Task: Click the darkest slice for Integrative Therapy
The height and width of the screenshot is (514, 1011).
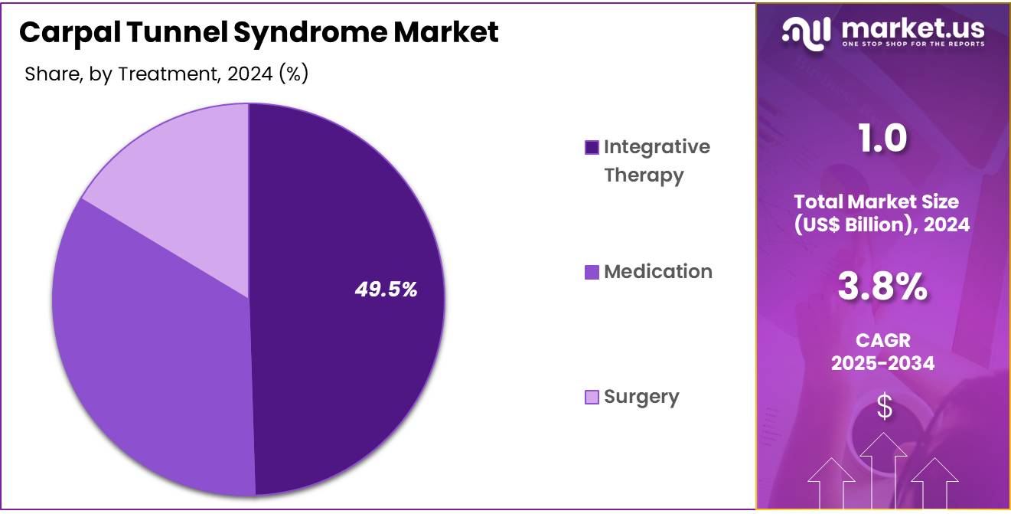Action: [343, 298]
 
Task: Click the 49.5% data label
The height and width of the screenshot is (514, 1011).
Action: [386, 290]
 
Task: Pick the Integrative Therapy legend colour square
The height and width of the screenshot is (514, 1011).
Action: [592, 147]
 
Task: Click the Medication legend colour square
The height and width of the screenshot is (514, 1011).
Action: [592, 272]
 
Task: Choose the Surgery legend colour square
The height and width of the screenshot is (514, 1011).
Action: [592, 397]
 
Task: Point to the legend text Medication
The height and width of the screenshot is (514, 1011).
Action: [658, 271]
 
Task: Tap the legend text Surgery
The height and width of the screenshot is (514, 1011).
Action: [641, 397]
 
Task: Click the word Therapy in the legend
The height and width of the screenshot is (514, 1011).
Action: [644, 175]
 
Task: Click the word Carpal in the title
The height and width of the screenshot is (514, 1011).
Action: [70, 32]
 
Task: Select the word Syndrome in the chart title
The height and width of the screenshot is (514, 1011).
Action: [310, 32]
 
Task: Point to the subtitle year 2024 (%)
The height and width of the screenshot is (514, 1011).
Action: [268, 74]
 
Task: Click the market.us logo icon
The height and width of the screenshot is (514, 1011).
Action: [806, 34]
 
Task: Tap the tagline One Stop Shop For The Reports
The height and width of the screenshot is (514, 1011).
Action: [913, 44]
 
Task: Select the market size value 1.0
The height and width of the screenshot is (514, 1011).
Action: [882, 138]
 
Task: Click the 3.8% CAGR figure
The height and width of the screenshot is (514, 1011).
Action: [882, 286]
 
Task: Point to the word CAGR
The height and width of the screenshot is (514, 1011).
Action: [883, 341]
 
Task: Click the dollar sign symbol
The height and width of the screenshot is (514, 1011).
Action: [884, 407]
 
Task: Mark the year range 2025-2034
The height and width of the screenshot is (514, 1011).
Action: [883, 363]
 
